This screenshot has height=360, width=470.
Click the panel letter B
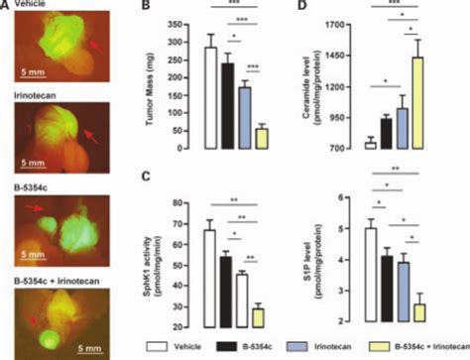pos(146,8)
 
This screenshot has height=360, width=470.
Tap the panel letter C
pos(146,178)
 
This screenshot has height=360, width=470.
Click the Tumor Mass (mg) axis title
pos(160,85)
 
